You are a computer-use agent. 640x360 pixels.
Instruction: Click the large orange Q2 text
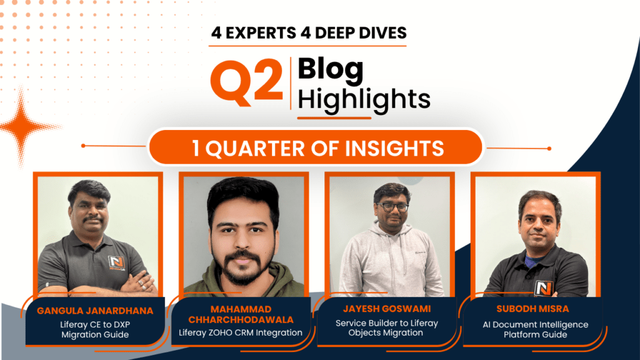click(x=246, y=82)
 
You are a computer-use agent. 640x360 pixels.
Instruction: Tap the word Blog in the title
click(x=331, y=70)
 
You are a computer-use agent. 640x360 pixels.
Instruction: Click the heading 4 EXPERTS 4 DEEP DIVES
click(x=309, y=33)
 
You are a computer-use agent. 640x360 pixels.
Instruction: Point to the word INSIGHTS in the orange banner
click(x=394, y=148)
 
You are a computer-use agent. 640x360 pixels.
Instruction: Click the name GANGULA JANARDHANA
click(x=95, y=311)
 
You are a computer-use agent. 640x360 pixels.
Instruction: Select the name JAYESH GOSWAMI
click(x=387, y=309)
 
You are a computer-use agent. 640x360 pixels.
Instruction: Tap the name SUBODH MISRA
click(x=532, y=309)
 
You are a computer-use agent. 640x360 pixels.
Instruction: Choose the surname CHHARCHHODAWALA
click(x=241, y=319)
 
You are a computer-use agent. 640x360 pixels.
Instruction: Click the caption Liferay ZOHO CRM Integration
click(x=241, y=332)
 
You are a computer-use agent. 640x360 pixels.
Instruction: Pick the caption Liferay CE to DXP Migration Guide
click(x=95, y=330)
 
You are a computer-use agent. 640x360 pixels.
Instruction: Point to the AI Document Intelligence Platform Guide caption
click(x=536, y=330)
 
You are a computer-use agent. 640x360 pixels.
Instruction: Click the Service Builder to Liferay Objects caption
click(x=386, y=327)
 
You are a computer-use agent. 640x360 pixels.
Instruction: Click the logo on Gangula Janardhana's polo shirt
click(x=117, y=263)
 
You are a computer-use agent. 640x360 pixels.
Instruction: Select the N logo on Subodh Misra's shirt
click(x=544, y=289)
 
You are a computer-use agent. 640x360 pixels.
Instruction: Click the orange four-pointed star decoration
click(x=23, y=126)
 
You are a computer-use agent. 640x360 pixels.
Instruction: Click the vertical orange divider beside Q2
click(x=291, y=83)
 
